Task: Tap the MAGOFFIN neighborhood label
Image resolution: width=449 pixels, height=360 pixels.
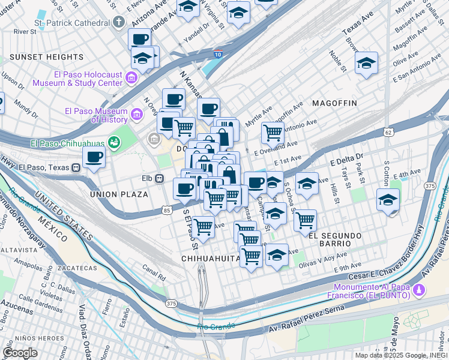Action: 334,103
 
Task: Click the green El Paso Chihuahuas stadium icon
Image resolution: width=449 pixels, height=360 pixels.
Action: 113,142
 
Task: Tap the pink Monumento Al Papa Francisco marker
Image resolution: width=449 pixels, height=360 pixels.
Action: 419,290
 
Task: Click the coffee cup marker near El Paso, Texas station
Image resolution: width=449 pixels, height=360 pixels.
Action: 93,158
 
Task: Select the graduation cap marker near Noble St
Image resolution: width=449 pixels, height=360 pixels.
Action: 366,62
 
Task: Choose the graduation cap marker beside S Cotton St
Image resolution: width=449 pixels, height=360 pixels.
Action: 388,199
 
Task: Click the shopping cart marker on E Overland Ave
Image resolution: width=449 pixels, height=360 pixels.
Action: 273,131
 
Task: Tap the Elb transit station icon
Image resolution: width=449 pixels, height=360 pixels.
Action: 160,178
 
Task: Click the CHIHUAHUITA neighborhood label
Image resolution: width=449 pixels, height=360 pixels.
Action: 210,258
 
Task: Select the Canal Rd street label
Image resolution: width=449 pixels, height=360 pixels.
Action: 154,277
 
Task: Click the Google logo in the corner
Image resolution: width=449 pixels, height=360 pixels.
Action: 20,352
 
